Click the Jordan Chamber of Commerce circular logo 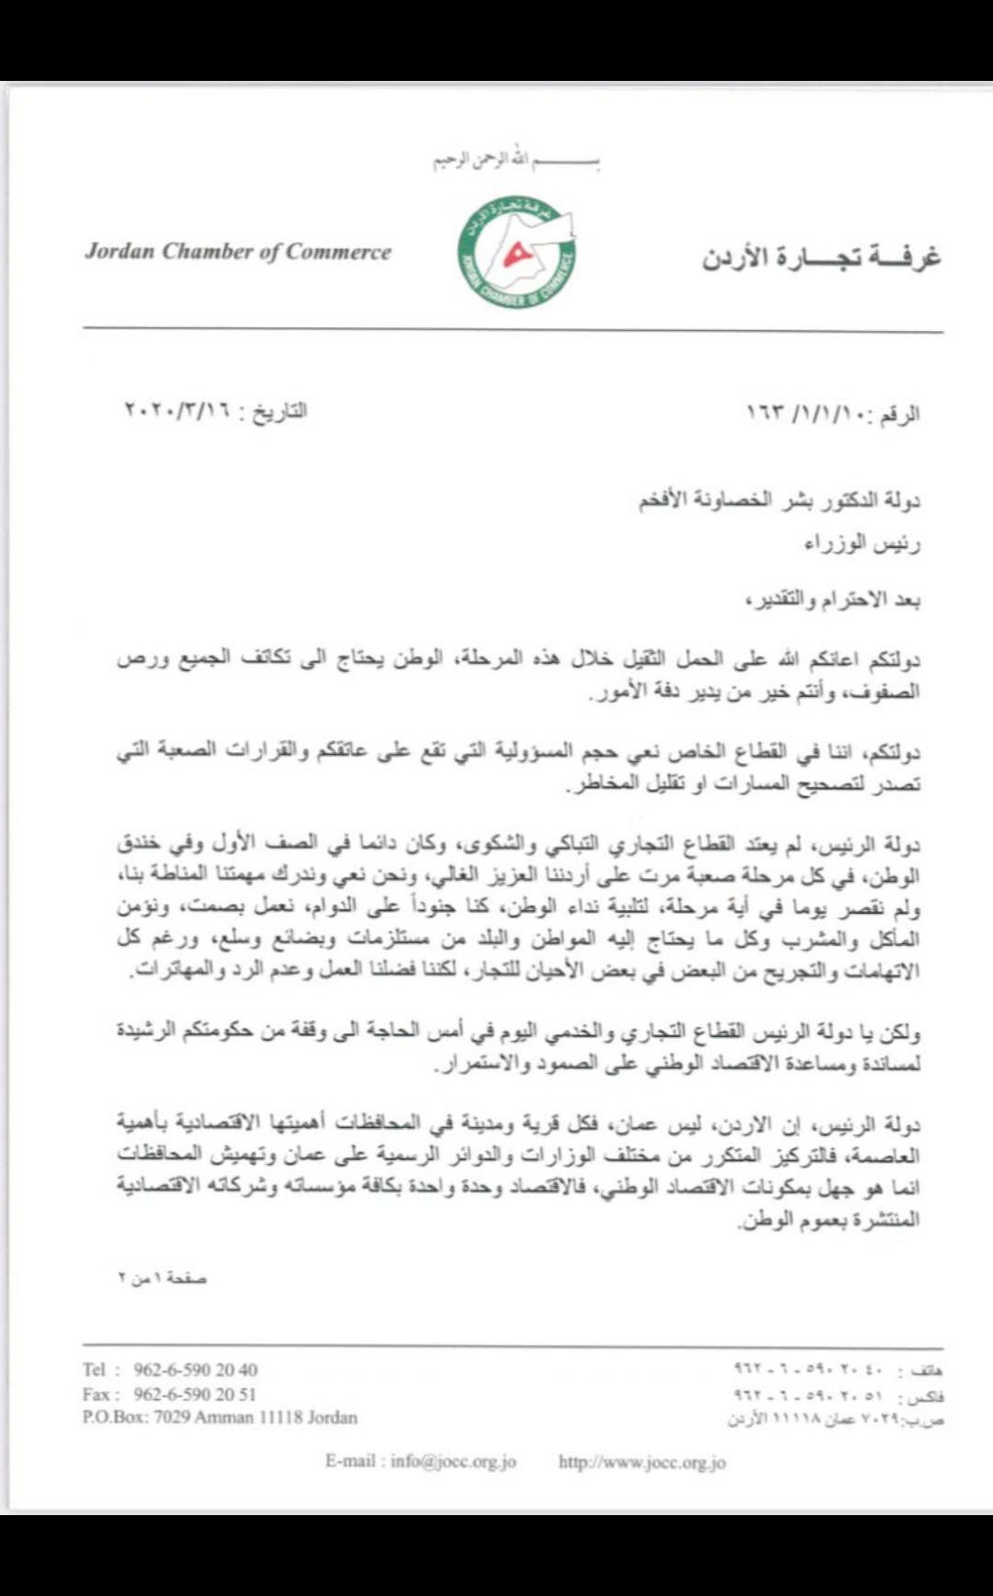[517, 251]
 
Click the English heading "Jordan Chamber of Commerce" [238, 252]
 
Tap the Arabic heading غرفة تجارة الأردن [821, 256]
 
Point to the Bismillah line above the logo [517, 162]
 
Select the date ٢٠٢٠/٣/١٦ [177, 411]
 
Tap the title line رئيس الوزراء [862, 543]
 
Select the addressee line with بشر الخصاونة [779, 501]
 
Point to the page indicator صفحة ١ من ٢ [162, 1279]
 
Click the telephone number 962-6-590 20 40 [195, 1370]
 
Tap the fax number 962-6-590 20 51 [195, 1394]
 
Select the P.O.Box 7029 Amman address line [220, 1417]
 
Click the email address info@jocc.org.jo [452, 1462]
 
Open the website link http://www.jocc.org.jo [642, 1462]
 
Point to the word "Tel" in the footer [95, 1370]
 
